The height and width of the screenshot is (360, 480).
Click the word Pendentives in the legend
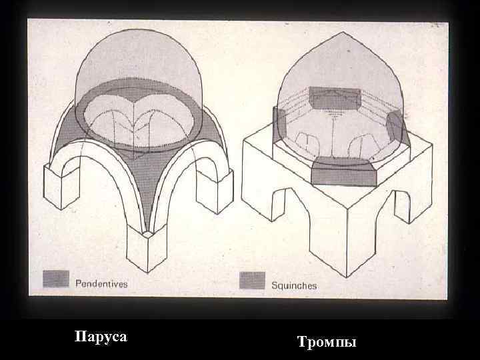pos(101,283)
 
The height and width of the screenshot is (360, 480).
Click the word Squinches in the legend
pos(294,285)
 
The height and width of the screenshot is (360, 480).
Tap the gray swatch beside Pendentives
pos(56,279)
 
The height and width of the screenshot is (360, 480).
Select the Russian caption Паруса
pos(100,337)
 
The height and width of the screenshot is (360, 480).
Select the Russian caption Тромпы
pos(327,342)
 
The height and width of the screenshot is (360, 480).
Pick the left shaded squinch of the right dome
pos(280,125)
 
